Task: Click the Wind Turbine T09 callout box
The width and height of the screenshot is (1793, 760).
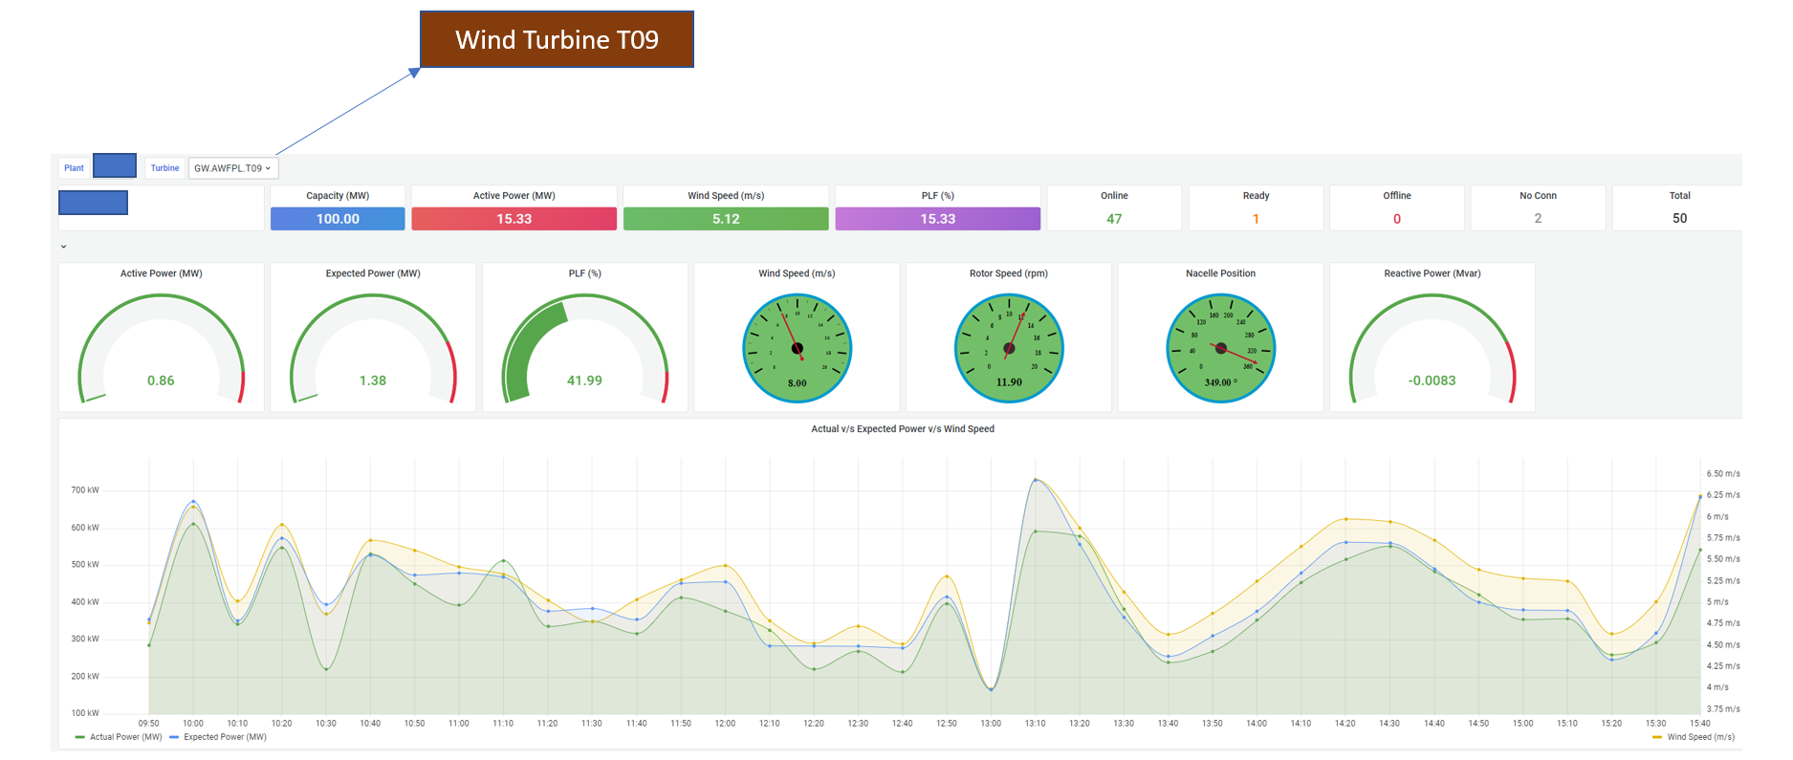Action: coord(557,39)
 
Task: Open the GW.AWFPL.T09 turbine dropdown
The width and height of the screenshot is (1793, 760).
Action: coord(232,168)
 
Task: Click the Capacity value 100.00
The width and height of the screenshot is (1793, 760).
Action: coord(338,219)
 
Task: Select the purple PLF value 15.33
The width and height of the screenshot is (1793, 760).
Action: coord(937,219)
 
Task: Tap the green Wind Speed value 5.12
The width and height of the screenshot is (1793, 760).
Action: coord(726,219)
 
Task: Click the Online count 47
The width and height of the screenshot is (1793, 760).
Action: coord(1114,219)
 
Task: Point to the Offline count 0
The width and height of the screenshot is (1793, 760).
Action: coord(1396,219)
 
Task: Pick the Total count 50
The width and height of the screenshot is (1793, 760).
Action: coord(1679,219)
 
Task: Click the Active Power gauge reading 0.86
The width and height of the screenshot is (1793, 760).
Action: coord(161,380)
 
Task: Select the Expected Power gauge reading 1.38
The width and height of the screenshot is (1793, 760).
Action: coord(373,380)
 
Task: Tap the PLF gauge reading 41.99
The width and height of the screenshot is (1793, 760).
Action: coord(584,380)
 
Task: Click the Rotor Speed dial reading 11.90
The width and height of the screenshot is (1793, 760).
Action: coord(1009,382)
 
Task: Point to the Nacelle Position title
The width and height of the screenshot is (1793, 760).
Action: coord(1220,273)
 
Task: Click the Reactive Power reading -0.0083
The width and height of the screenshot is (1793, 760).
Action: coord(1432,380)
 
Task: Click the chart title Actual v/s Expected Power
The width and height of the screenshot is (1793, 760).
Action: coord(903,429)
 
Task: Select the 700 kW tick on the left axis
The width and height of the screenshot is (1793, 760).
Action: coord(85,490)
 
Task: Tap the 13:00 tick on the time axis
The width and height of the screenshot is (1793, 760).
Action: coord(991,724)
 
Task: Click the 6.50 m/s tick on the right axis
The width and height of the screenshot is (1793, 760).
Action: coord(1723,474)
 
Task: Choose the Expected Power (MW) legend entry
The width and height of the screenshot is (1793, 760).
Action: coord(225,737)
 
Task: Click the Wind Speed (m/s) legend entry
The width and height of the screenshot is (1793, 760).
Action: coord(1700,737)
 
